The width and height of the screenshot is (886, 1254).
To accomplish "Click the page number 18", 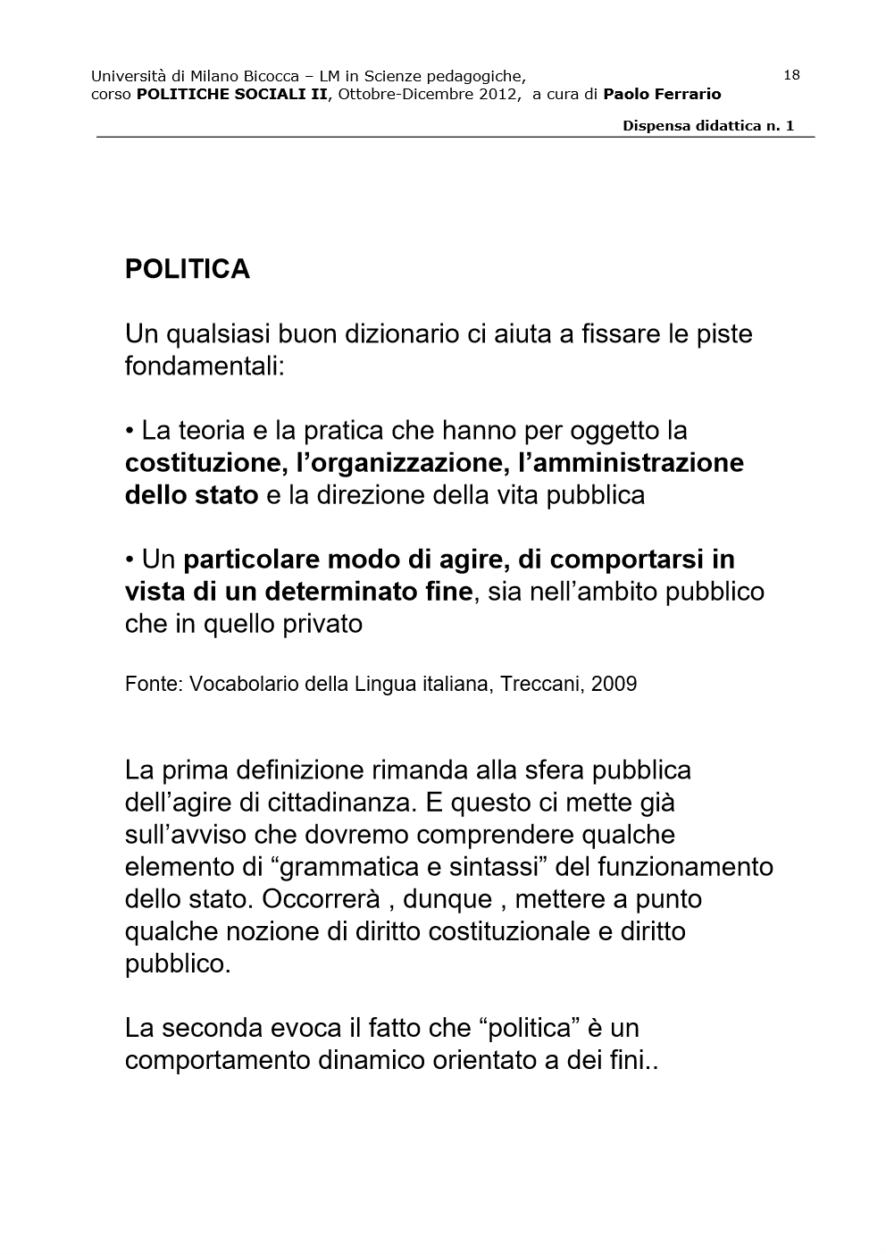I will [x=791, y=75].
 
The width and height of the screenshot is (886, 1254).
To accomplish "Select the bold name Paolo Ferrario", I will [x=662, y=94].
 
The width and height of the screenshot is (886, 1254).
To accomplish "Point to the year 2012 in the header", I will [x=497, y=94].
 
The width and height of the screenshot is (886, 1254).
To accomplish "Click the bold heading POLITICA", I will [x=188, y=269].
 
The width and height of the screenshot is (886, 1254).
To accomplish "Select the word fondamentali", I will [x=205, y=366].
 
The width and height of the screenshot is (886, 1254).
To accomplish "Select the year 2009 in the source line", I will [x=614, y=685].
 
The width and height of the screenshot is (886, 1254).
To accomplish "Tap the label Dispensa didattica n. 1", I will [x=708, y=126].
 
